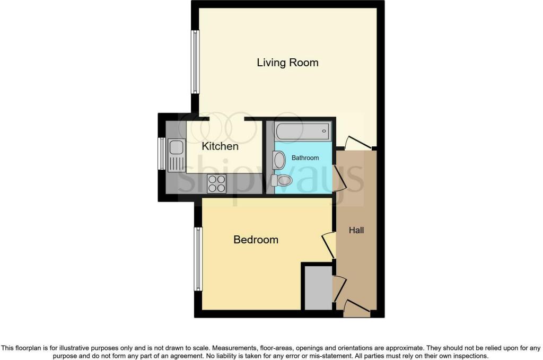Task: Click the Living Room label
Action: (287, 63)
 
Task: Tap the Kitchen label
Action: (220, 146)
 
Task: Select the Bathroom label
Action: (305, 158)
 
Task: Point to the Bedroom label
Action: (256, 240)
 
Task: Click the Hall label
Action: (356, 230)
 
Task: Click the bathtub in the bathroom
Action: (303, 131)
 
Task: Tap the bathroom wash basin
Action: (278, 161)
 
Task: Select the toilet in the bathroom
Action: (282, 180)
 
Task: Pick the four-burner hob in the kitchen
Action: (216, 183)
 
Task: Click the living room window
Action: (196, 62)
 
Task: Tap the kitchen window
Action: (161, 154)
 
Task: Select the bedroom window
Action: (198, 259)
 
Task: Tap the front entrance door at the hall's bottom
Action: (357, 309)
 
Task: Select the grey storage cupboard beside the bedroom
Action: (318, 288)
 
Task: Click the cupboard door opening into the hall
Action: (339, 289)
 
